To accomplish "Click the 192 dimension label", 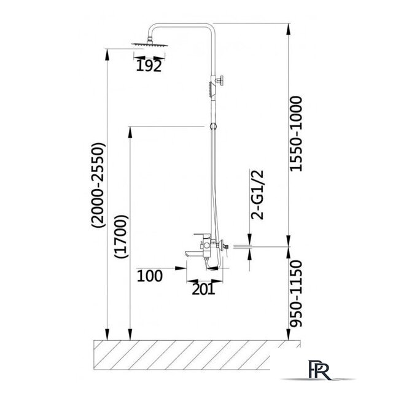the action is (x=149, y=66).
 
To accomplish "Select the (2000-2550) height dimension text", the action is (x=98, y=185).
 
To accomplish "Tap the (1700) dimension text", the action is (x=121, y=236).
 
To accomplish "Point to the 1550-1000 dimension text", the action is (x=296, y=134).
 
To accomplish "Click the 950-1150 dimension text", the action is (x=296, y=294).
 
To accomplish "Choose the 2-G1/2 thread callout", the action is (x=257, y=195).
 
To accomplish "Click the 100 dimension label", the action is (x=150, y=276).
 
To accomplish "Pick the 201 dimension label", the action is (x=203, y=289).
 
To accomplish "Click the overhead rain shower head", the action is (x=150, y=44).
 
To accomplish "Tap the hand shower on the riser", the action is (x=211, y=90).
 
